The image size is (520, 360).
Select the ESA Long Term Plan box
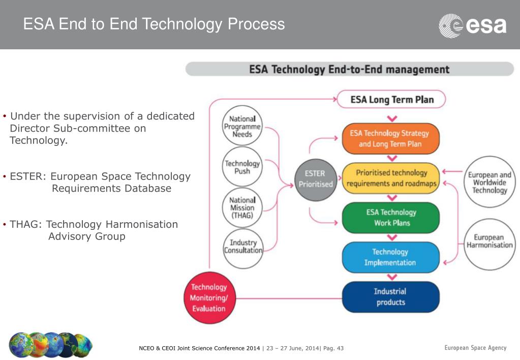point(391,100)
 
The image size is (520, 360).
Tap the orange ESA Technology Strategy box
point(390,138)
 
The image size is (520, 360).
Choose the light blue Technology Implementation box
point(390,257)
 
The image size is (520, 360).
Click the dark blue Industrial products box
point(390,297)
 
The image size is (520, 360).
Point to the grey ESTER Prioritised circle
point(315,179)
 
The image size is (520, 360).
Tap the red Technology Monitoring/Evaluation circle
point(208,298)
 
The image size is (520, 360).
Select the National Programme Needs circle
point(242,127)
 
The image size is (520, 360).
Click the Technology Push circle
point(242,168)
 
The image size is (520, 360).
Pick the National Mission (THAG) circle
point(242,208)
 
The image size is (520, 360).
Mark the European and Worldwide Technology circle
point(490,182)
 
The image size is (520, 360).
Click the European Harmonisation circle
point(490,242)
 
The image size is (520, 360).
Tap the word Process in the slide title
point(256,24)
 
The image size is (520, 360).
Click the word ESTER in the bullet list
point(28,176)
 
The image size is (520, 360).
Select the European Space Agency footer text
point(475,348)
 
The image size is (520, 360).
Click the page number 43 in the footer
point(340,348)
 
